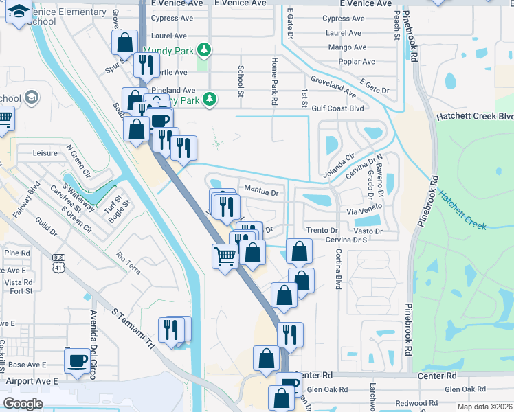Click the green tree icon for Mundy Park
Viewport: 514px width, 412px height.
pos(203,49)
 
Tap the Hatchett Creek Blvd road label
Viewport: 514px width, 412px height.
pos(475,117)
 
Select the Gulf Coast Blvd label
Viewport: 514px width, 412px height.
pos(337,108)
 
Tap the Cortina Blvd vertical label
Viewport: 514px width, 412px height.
pos(338,268)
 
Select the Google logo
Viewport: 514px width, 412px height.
pos(23,404)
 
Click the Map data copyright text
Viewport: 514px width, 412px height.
pos(484,407)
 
